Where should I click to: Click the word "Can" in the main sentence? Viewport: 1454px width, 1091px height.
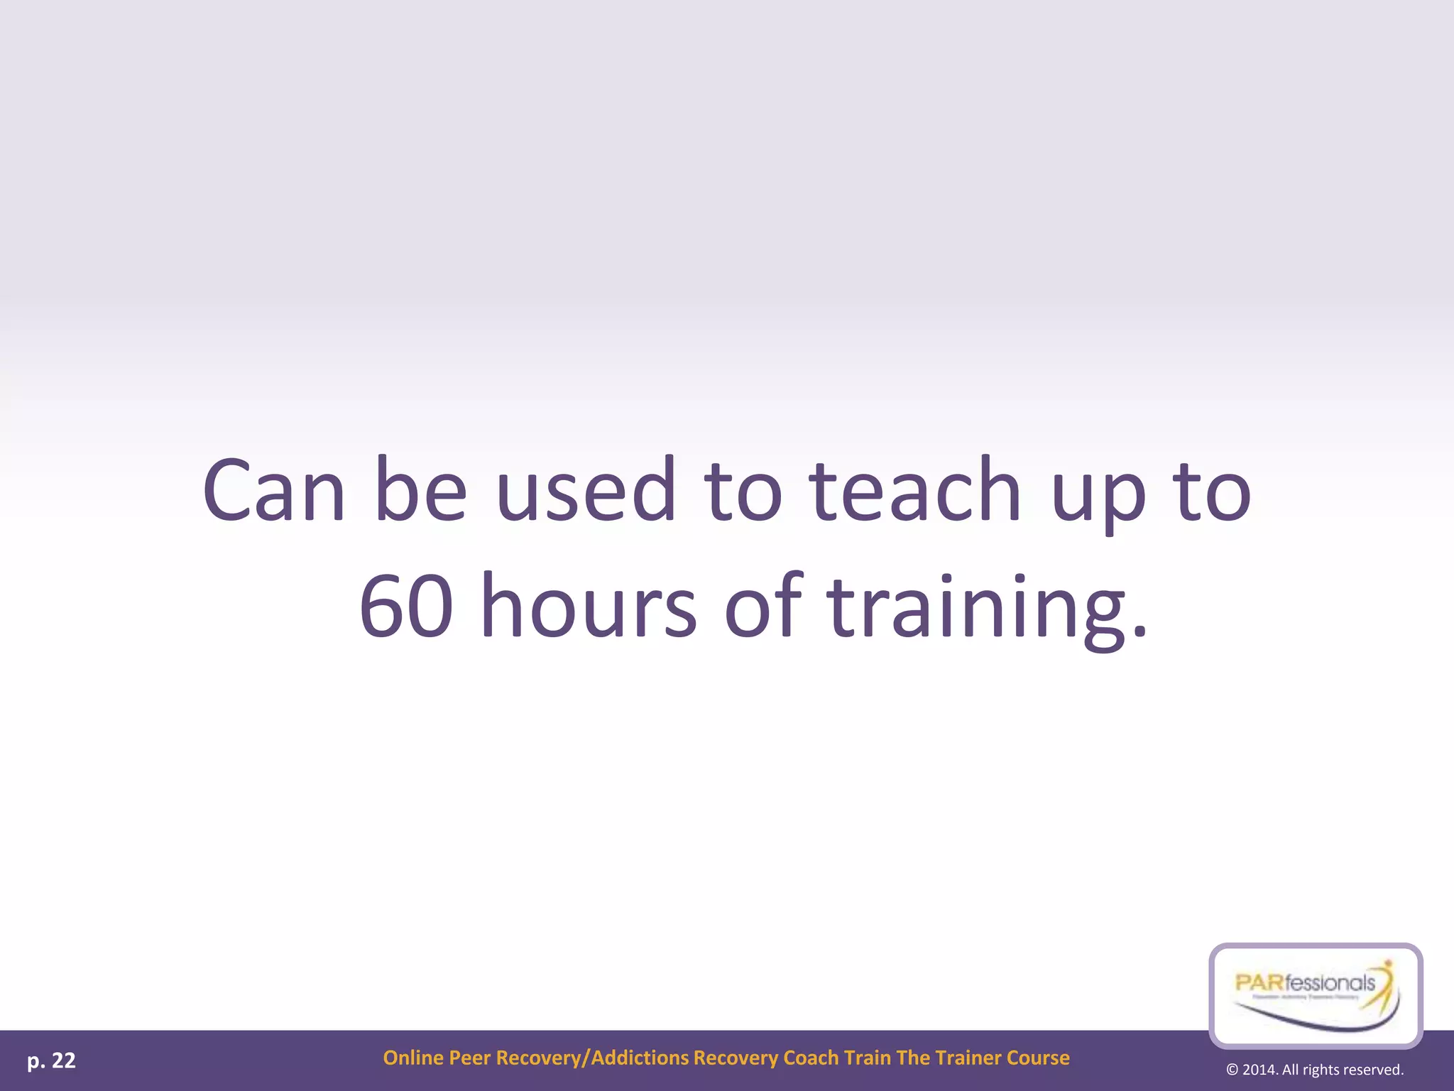274,490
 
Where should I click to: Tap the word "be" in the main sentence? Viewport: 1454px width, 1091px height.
420,490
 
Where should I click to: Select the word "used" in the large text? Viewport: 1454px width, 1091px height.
586,490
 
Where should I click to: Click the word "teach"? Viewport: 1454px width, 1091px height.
915,490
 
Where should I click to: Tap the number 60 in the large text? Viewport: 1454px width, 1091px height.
406,607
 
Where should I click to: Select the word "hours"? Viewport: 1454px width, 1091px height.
589,607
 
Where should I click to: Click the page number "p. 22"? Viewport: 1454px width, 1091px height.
51,1060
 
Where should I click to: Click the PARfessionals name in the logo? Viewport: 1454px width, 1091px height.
1305,984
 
